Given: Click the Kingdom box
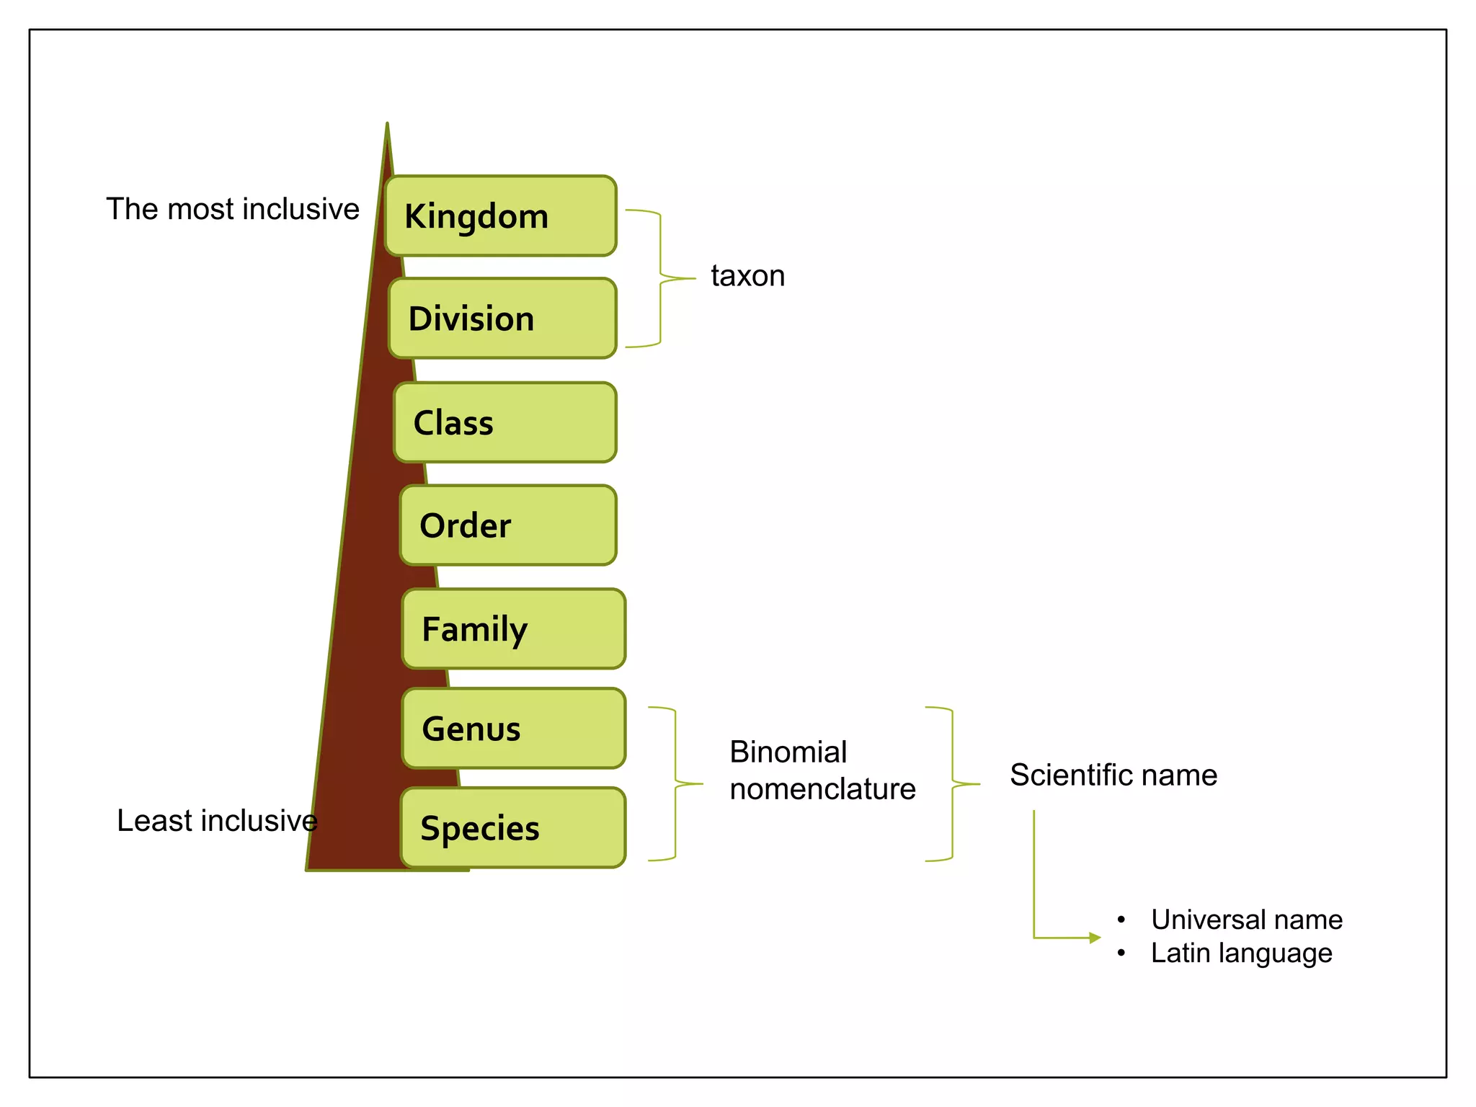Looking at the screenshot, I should pyautogui.click(x=501, y=216).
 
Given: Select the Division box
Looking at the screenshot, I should pyautogui.click(x=502, y=319).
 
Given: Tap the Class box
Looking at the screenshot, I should pyautogui.click(x=505, y=422).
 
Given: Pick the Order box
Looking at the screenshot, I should pyautogui.click(x=508, y=525).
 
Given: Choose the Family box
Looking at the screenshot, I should pyautogui.click(x=513, y=628).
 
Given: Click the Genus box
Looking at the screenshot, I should pyautogui.click(x=513, y=729).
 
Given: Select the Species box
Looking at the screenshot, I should pyautogui.click(x=513, y=828).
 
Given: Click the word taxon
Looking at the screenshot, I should pyautogui.click(x=747, y=276).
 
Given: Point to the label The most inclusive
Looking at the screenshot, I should pyautogui.click(x=233, y=209).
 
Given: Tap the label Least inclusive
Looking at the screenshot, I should pyautogui.click(x=217, y=821).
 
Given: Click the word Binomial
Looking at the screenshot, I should pyautogui.click(x=788, y=752).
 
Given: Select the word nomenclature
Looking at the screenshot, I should pyautogui.click(x=822, y=789).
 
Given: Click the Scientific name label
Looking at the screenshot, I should pyautogui.click(x=1113, y=775).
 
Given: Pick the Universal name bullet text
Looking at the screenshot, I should pyautogui.click(x=1246, y=920).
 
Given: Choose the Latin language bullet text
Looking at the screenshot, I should pyautogui.click(x=1241, y=953).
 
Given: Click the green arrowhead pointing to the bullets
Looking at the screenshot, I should pyautogui.click(x=1095, y=938).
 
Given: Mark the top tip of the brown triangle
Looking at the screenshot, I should pyautogui.click(x=387, y=127).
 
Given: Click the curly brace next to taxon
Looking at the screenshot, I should pyautogui.click(x=661, y=278).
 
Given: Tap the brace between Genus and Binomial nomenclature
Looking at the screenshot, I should pyautogui.click(x=675, y=783).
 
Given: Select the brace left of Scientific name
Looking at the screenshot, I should pyautogui.click(x=953, y=783).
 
